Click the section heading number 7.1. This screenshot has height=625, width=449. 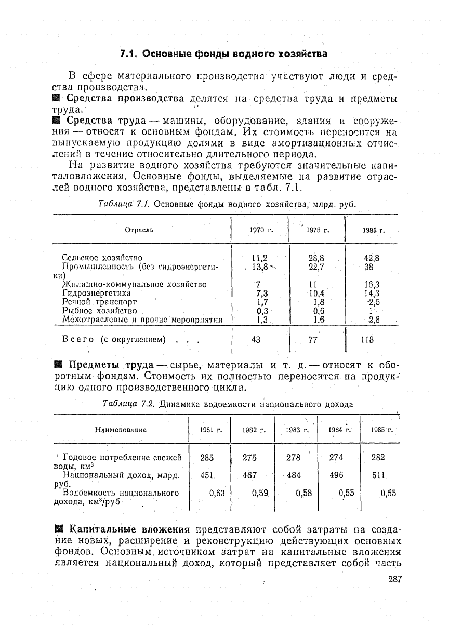[129, 54]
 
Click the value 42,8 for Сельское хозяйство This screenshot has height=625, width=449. [371, 258]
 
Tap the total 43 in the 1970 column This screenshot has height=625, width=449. [256, 340]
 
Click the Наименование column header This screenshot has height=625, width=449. [121, 430]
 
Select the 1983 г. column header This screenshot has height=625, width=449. [297, 430]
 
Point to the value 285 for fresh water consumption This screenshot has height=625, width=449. [207, 457]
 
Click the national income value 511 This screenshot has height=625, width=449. [378, 475]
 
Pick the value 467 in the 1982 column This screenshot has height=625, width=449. [250, 475]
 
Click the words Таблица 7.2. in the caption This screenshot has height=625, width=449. [129, 404]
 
